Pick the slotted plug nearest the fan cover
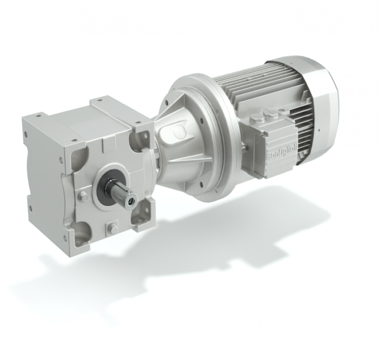(269, 114)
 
